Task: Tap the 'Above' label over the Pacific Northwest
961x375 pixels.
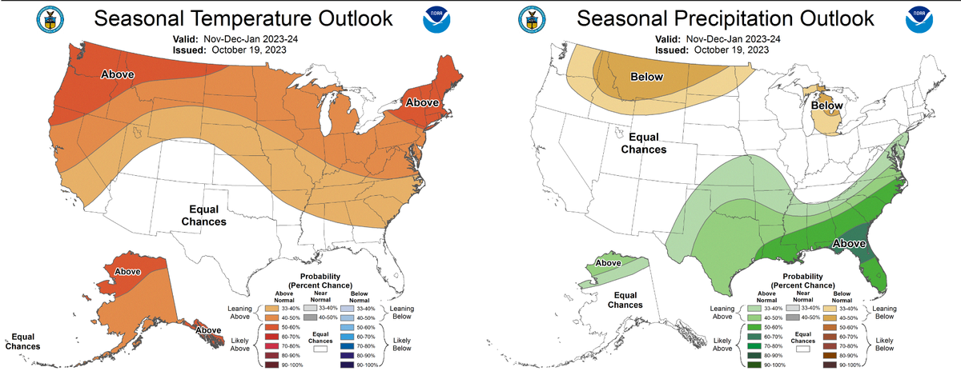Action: pyautogui.click(x=117, y=74)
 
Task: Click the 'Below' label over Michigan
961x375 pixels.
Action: pyautogui.click(x=827, y=106)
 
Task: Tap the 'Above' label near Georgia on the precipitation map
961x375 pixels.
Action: pyautogui.click(x=849, y=243)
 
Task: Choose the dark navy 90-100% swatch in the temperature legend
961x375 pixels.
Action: pyautogui.click(x=349, y=365)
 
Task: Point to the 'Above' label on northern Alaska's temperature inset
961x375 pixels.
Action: pyautogui.click(x=128, y=271)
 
